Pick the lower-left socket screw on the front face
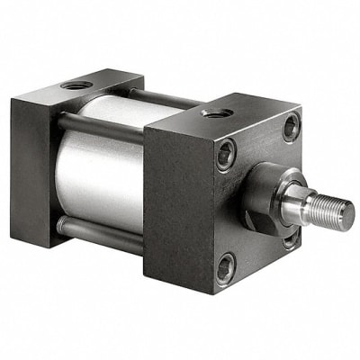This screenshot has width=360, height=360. coord(228,265)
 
